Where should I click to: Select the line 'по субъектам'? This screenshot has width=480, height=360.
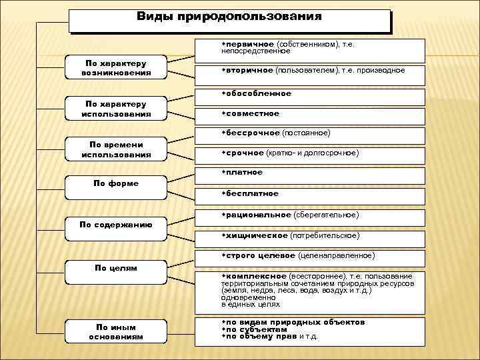click(256, 329)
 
